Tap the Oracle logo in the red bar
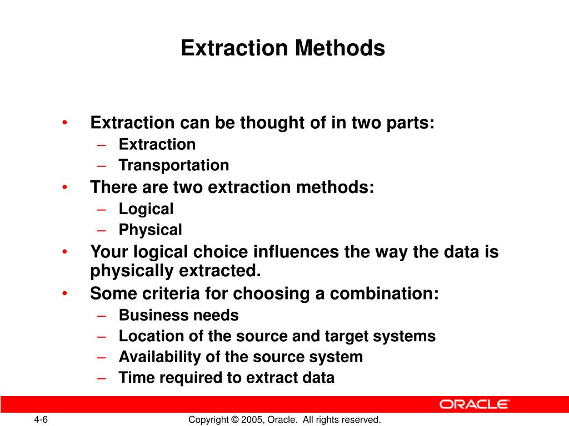coord(475,404)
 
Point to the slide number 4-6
coord(41,419)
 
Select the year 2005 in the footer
coord(249,419)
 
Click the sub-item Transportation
coord(173,165)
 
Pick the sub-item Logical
coord(146,209)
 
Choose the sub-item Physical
coord(150,230)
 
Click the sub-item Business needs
coord(178,316)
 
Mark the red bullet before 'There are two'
coord(66,187)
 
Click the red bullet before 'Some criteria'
coord(66,293)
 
